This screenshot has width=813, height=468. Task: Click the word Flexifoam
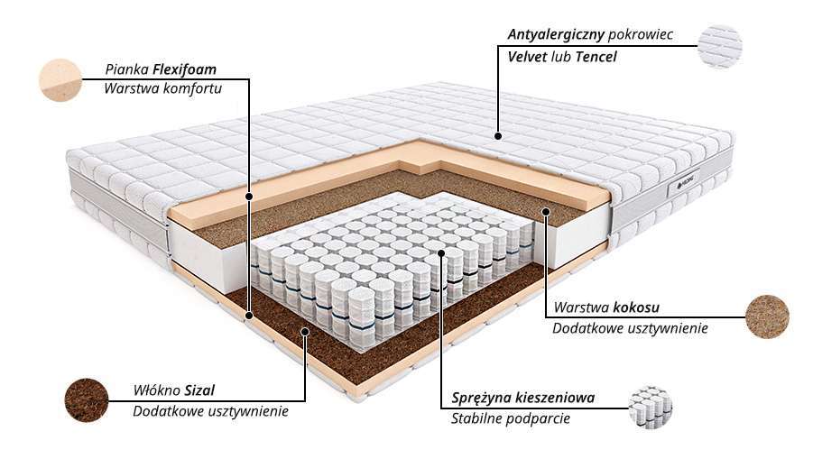[x=185, y=69]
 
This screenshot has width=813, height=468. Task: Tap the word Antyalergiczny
[x=556, y=35]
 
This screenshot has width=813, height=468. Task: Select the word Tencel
[x=596, y=57]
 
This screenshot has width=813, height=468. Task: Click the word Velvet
[x=527, y=57]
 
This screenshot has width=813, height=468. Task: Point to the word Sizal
[x=199, y=390]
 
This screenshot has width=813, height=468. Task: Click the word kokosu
[x=636, y=307]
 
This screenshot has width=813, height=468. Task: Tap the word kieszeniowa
[x=555, y=398]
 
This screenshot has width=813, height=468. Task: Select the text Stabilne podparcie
[x=510, y=418]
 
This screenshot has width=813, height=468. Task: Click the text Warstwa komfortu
[x=162, y=88]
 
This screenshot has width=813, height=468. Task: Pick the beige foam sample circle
[x=60, y=80]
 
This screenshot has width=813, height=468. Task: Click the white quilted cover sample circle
[x=720, y=46]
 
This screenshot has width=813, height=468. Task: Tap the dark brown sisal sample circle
[x=87, y=400]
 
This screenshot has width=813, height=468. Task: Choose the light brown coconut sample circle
[x=767, y=317]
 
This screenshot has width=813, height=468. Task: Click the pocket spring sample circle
[x=651, y=408]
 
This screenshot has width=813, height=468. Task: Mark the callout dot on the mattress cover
[x=498, y=136]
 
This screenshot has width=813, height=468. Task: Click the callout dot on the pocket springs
[x=441, y=252]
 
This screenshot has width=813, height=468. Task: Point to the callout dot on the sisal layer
[x=305, y=330]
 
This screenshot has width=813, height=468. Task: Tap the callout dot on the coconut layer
[x=545, y=211]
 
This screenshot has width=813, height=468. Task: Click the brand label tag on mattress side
[x=683, y=186]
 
